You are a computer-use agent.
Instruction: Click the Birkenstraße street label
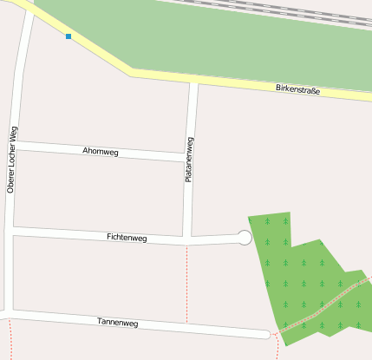tap(297, 89)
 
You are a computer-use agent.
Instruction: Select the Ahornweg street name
tap(100, 152)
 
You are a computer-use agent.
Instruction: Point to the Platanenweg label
tap(189, 159)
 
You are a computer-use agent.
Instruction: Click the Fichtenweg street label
tap(127, 237)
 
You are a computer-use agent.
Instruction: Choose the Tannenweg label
tap(118, 323)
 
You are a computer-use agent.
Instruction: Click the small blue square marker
tap(69, 36)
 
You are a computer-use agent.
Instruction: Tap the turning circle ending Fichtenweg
tap(245, 237)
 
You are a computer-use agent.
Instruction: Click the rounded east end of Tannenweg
tap(265, 334)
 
